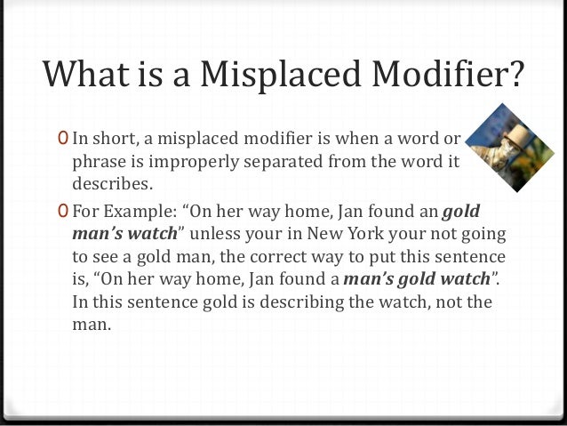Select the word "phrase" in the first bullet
[x=97, y=162]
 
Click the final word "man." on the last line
[x=90, y=324]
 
